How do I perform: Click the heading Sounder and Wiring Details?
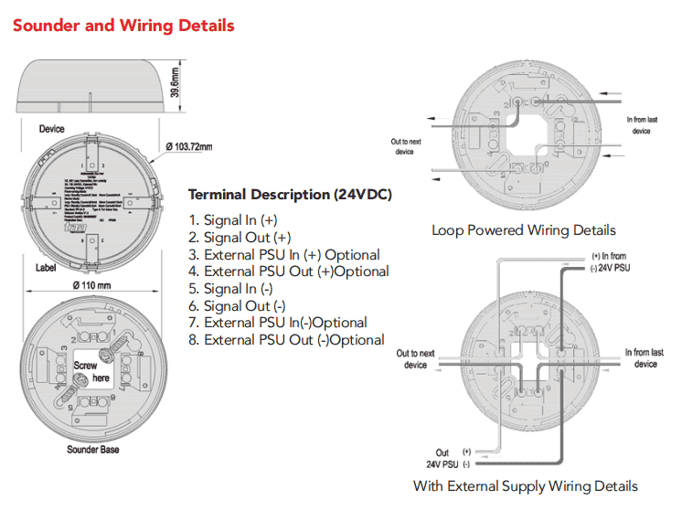123,25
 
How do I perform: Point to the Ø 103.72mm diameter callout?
189,146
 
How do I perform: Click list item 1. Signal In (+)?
233,219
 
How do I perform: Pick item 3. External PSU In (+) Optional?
284,254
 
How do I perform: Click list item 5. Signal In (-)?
231,289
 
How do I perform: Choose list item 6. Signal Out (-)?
237,306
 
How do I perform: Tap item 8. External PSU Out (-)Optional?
286,340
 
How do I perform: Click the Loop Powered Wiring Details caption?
524,230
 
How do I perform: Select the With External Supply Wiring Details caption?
526,485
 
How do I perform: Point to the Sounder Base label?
92,450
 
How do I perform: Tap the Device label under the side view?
51,129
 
